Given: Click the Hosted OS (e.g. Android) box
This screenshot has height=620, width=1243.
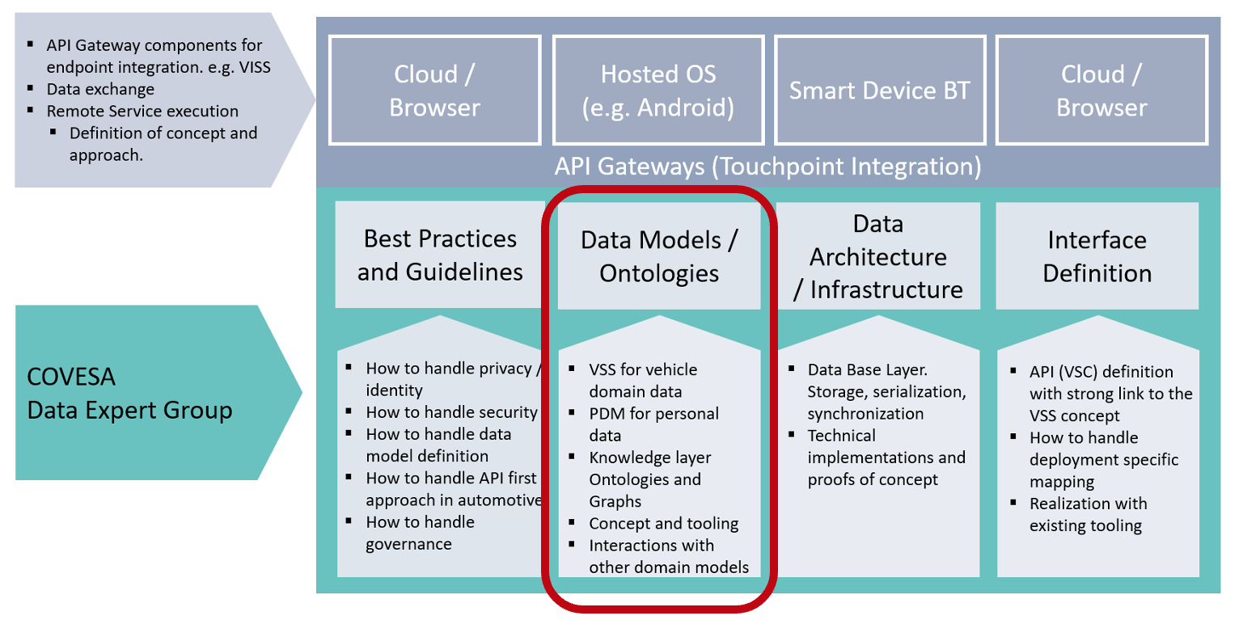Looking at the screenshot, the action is (x=658, y=90).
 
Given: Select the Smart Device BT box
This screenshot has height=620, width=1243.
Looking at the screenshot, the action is (x=880, y=90).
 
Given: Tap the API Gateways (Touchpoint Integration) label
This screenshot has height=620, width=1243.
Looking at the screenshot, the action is (x=768, y=167).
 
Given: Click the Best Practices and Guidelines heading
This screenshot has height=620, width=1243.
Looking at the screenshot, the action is (x=440, y=255).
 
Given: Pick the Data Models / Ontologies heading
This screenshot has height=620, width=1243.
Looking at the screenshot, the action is (x=659, y=256).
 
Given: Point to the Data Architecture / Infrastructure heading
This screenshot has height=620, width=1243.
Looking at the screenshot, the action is (x=878, y=256).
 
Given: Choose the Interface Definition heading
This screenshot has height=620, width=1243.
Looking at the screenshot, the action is (x=1097, y=256).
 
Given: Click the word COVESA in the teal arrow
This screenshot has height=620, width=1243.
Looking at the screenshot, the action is (x=71, y=377).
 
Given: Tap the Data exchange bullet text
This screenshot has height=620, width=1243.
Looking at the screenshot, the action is (x=100, y=89).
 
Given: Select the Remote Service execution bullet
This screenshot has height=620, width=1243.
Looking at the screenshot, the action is (x=142, y=111).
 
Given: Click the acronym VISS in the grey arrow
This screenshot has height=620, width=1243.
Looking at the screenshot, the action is (x=255, y=67).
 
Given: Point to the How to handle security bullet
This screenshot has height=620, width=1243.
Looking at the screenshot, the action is (x=452, y=412).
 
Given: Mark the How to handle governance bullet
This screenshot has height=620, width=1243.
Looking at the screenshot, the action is (x=420, y=533).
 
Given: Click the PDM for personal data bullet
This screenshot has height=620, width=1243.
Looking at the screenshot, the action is (x=653, y=424).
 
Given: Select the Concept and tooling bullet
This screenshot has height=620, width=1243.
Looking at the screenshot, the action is (x=664, y=524).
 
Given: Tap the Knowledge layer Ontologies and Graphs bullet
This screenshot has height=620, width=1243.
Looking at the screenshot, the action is (x=650, y=479).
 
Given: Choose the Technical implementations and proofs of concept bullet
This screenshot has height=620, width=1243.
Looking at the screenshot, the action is (x=886, y=458).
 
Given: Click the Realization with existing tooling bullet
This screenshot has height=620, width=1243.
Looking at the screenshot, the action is (x=1089, y=515).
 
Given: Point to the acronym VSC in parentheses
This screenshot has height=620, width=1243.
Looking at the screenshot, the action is (x=1076, y=372).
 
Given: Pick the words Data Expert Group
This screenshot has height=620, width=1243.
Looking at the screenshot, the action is (x=130, y=411).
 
